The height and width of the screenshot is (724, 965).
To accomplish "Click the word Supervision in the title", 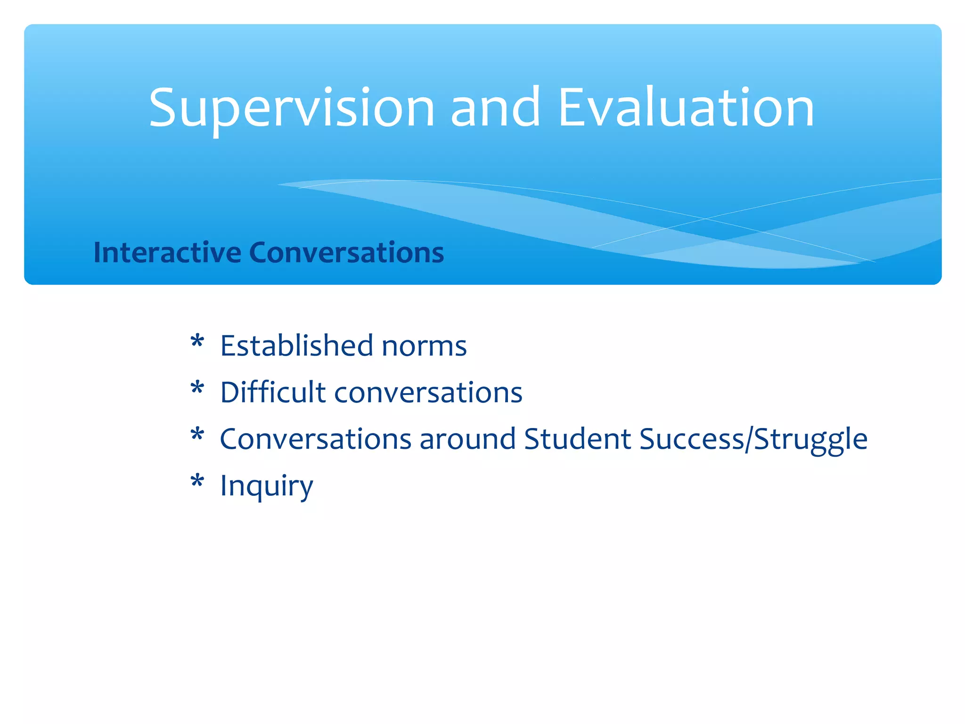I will coord(291,108).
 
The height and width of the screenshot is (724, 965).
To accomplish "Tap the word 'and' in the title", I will coord(495,108).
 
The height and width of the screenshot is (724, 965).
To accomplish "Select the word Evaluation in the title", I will coord(686,108).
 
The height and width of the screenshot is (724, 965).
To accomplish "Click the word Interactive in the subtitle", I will coord(167,252).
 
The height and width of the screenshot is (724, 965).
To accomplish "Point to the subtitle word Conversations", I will coord(346,252).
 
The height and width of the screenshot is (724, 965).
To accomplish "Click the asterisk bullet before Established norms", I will coord(197,342).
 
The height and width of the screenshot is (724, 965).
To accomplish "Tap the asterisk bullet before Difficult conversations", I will coord(197,388).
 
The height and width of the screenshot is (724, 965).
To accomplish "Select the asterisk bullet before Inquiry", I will coord(197,482).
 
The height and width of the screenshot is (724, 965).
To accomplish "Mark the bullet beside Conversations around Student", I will coord(197,435).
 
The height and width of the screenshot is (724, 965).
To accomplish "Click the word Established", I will coord(297,346).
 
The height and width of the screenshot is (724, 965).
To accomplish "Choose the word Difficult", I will coord(273,392).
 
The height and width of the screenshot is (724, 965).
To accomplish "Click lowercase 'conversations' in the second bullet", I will coord(428,393).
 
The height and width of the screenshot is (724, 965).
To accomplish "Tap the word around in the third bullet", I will coord(467,439).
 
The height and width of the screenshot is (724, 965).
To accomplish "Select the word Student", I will coord(577,439).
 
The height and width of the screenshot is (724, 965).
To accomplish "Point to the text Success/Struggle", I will coord(753,439).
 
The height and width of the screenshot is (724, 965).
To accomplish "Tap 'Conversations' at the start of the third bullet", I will coord(316,439).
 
